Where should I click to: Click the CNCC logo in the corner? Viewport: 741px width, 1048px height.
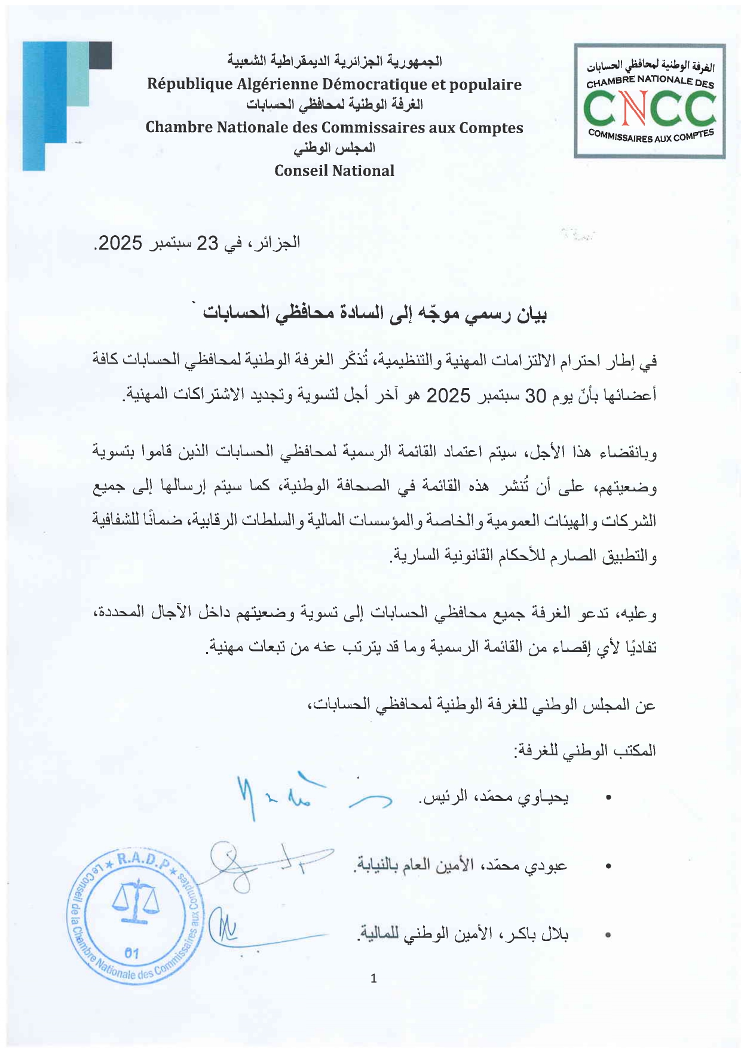point(650,100)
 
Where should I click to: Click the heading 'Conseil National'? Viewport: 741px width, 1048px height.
point(334,171)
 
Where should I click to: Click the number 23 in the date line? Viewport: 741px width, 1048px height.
point(209,243)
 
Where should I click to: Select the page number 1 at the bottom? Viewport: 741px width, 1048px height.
point(373,978)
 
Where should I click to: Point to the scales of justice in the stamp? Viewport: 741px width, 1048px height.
point(136,902)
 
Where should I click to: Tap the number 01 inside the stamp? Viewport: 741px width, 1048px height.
point(132,953)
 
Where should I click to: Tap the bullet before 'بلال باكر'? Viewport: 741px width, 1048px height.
point(608,935)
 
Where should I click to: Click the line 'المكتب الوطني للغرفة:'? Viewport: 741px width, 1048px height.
point(586,750)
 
